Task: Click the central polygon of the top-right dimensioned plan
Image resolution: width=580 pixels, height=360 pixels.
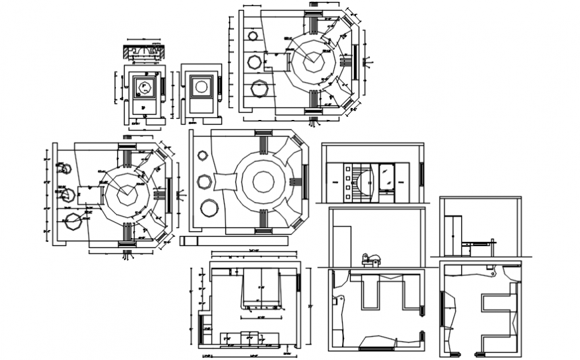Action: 312,61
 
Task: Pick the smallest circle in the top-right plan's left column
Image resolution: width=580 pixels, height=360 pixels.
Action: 253,35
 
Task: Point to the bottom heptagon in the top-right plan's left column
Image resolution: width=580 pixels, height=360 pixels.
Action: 258,89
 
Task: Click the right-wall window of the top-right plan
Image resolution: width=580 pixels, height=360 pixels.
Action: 356,61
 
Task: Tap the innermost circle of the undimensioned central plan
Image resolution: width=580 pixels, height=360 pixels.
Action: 262,181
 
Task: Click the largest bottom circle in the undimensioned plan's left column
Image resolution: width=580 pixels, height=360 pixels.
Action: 209,207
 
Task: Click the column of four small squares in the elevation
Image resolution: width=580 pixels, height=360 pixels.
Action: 348,182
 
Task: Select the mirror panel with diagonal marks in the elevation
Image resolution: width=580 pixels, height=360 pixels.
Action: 387,176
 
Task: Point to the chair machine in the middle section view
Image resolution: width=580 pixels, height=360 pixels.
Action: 371,258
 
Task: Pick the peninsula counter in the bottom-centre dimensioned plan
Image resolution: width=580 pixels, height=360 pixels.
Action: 260,287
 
